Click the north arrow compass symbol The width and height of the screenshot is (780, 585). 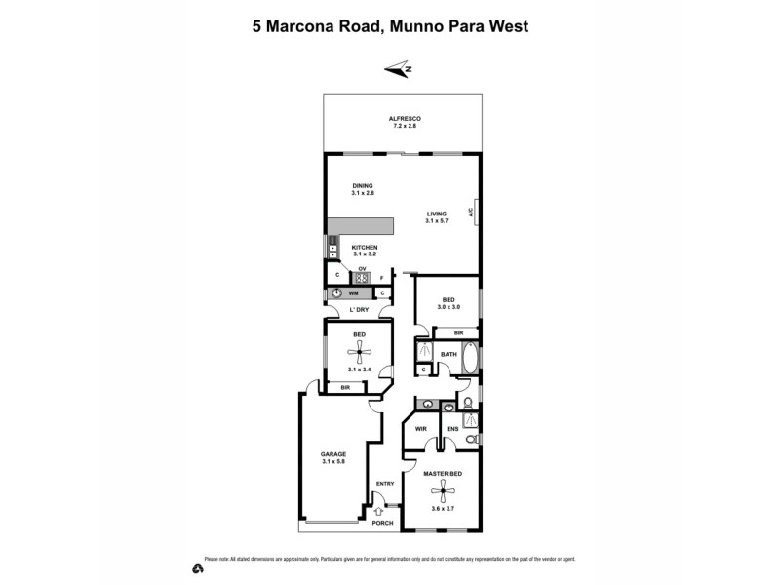(399, 68)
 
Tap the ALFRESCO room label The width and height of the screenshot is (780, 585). (404, 118)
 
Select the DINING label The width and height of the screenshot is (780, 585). (363, 185)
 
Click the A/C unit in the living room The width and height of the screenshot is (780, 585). (472, 212)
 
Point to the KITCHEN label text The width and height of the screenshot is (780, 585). (365, 247)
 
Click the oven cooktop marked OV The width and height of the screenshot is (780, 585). (362, 277)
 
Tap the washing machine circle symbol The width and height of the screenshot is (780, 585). (336, 292)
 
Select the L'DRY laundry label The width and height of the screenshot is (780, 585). (360, 310)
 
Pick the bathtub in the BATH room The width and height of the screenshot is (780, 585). (470, 359)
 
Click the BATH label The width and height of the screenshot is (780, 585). (448, 354)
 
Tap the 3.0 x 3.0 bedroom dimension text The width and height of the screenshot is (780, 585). (448, 307)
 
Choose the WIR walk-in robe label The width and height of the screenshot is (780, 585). (421, 428)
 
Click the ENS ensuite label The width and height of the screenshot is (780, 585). (452, 428)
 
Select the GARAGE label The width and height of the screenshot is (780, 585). (333, 453)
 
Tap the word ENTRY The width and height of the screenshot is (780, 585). (384, 483)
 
